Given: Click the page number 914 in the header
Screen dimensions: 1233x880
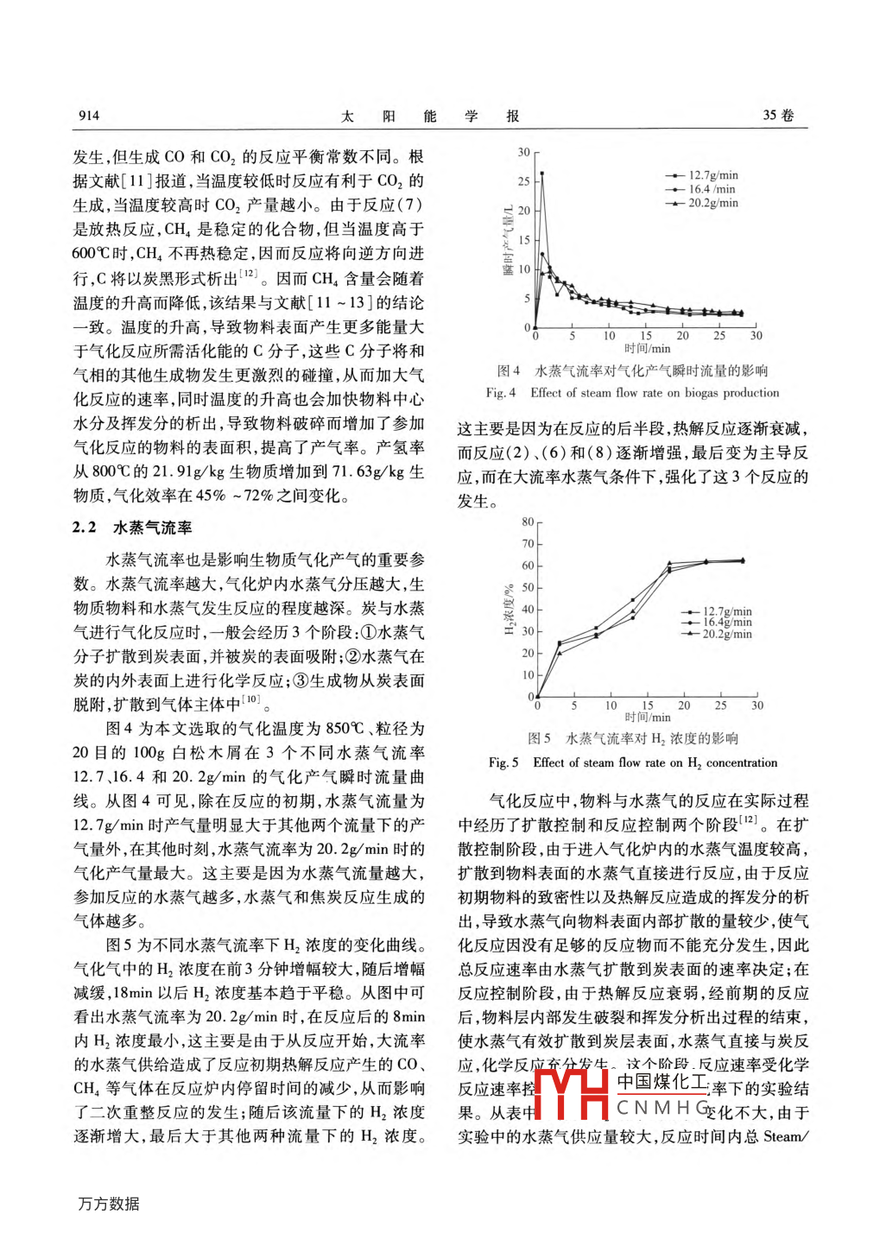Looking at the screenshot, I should pos(89,116).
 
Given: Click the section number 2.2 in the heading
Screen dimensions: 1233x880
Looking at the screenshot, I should pos(84,528).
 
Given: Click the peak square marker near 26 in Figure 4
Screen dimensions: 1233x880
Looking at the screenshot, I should pos(542,174).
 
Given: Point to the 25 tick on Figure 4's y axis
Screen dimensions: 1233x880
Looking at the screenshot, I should pos(524,181).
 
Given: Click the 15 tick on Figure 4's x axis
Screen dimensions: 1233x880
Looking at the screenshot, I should pos(646,336).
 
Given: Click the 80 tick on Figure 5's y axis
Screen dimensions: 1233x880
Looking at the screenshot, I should pos(527,522).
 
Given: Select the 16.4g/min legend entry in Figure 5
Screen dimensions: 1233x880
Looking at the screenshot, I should pos(726,622).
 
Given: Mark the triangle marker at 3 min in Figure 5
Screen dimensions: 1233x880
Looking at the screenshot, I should pos(560,653).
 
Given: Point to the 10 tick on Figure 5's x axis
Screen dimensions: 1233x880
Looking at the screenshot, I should pos(611,705).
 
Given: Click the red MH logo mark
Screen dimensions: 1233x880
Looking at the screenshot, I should pos(573,1094).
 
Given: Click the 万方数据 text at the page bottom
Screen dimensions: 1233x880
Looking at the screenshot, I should pos(109,1204).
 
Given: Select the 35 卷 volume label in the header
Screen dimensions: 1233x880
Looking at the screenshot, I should pos(778,116).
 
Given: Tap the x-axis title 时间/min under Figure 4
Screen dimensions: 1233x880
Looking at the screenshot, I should pos(647,349).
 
